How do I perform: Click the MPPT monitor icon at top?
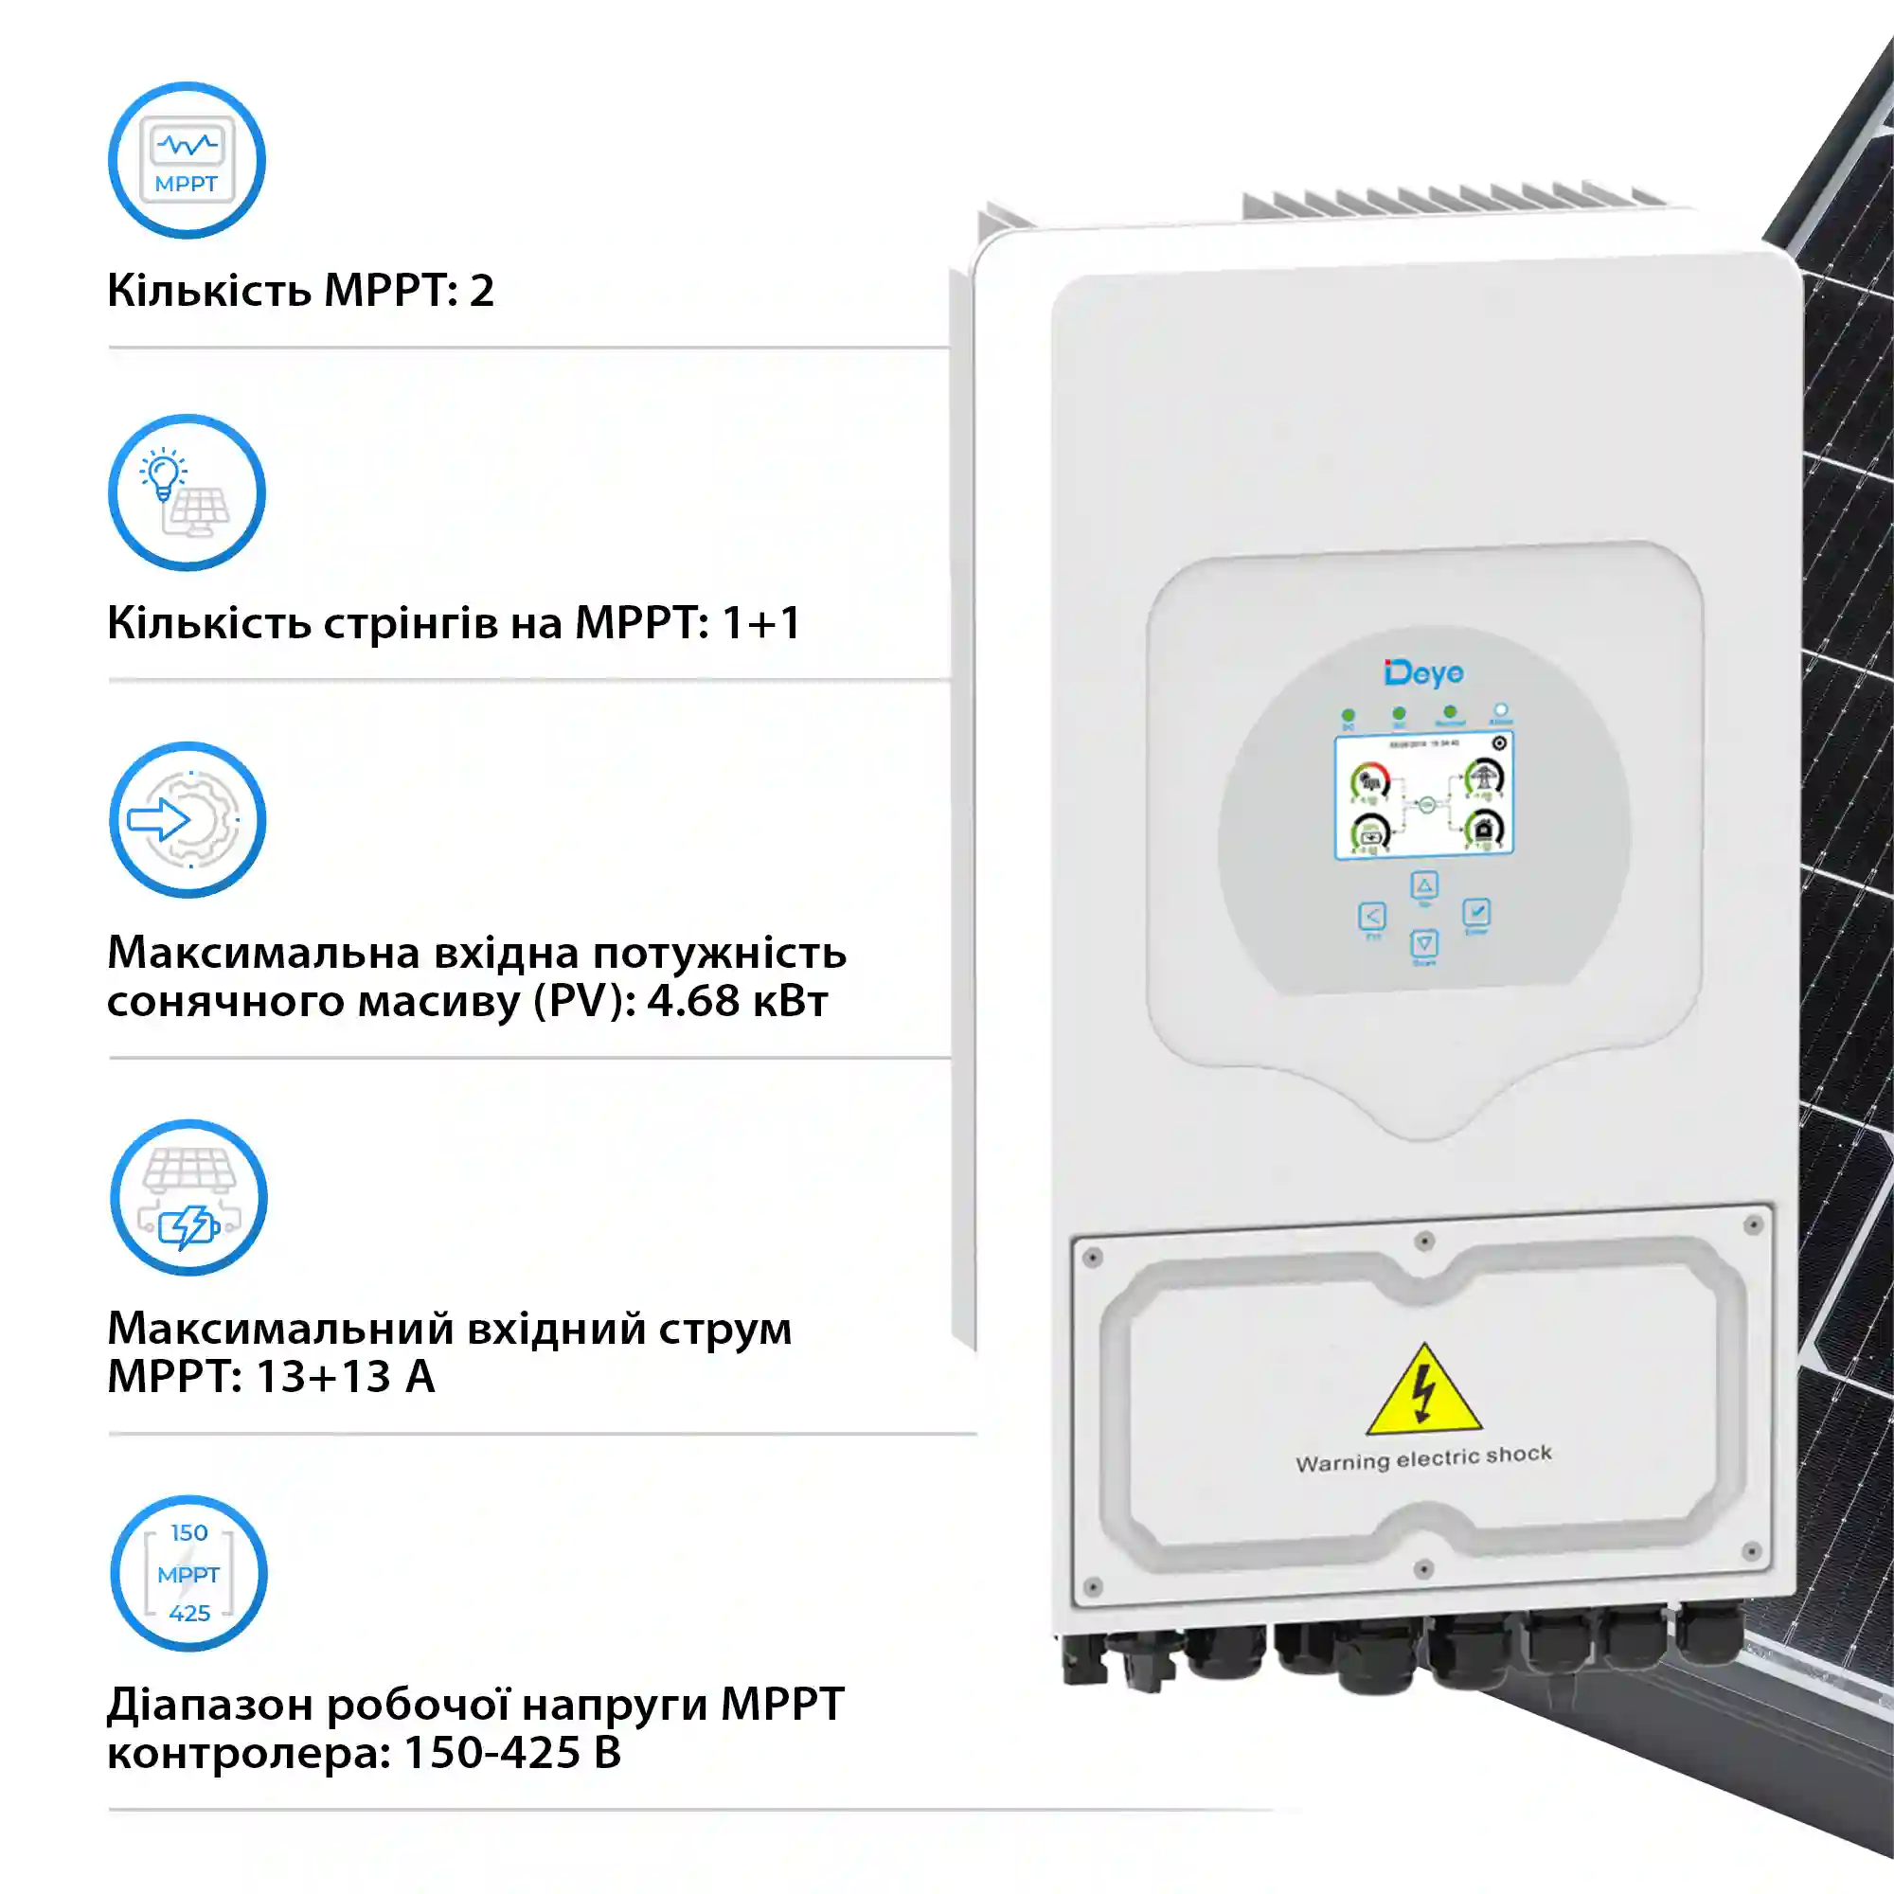187,160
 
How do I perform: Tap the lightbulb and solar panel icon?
187,492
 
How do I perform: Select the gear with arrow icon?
187,819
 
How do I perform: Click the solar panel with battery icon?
188,1197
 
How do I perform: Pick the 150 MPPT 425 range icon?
188,1572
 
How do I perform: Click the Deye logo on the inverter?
1423,672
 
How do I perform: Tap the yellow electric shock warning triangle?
1423,1392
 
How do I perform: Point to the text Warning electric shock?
1423,1458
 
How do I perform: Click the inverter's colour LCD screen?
1423,796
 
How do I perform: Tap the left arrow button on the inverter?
1372,917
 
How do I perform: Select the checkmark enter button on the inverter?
1476,913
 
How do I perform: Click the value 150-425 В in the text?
511,1753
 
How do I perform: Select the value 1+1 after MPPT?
760,622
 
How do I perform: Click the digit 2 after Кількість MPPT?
481,291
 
